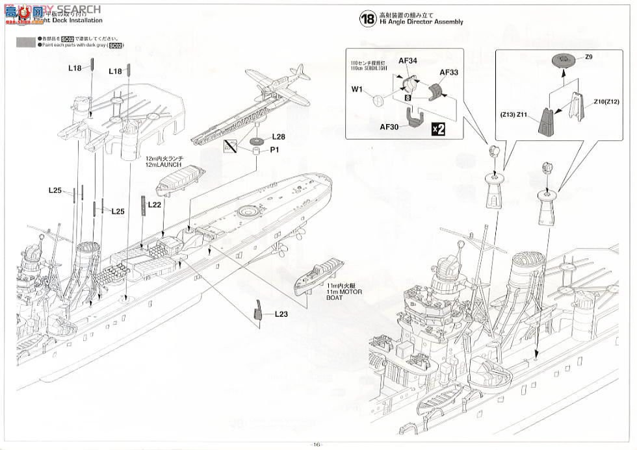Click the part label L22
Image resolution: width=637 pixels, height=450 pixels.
pyautogui.click(x=155, y=204)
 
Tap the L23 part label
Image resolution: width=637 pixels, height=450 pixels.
pyautogui.click(x=281, y=314)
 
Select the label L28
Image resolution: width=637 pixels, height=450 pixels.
pyautogui.click(x=279, y=137)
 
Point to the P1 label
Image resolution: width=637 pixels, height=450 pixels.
pyautogui.click(x=274, y=150)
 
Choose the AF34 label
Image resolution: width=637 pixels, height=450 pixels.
pyautogui.click(x=408, y=60)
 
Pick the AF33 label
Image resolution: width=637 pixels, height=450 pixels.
pyautogui.click(x=449, y=73)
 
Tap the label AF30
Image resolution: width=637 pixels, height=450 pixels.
pyautogui.click(x=390, y=127)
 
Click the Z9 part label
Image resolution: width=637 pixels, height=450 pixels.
pyautogui.click(x=588, y=57)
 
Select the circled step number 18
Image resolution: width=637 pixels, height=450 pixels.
pyautogui.click(x=367, y=19)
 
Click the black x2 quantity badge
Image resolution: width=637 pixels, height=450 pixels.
pyautogui.click(x=439, y=129)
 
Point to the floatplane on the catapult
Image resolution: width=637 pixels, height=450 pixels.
pyautogui.click(x=276, y=88)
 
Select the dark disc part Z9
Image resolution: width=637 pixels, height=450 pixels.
pyautogui.click(x=563, y=62)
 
